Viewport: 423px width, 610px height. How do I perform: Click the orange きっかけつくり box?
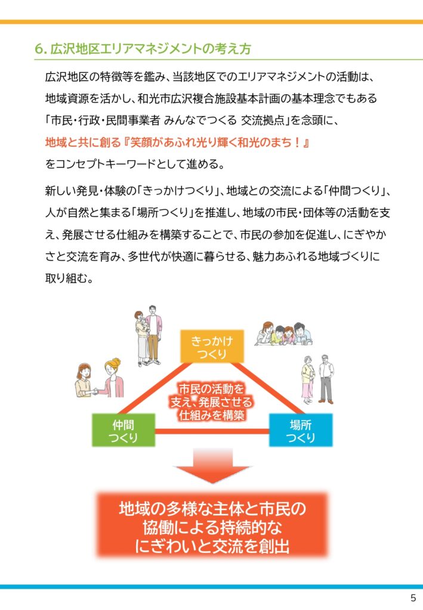click(212, 346)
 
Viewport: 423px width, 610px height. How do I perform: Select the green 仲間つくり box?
click(123, 430)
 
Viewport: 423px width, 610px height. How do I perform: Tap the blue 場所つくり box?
click(301, 430)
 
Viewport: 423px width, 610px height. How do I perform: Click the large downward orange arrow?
click(212, 466)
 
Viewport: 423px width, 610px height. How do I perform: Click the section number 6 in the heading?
click(38, 49)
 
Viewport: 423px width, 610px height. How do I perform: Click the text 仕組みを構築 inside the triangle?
click(212, 415)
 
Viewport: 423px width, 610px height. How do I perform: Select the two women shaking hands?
click(99, 378)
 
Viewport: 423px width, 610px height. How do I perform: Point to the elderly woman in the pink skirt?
click(308, 380)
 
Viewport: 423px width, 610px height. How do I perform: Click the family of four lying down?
click(283, 334)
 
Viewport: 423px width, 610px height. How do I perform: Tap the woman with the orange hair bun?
click(112, 378)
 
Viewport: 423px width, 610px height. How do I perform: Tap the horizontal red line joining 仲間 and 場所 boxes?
click(212, 431)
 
